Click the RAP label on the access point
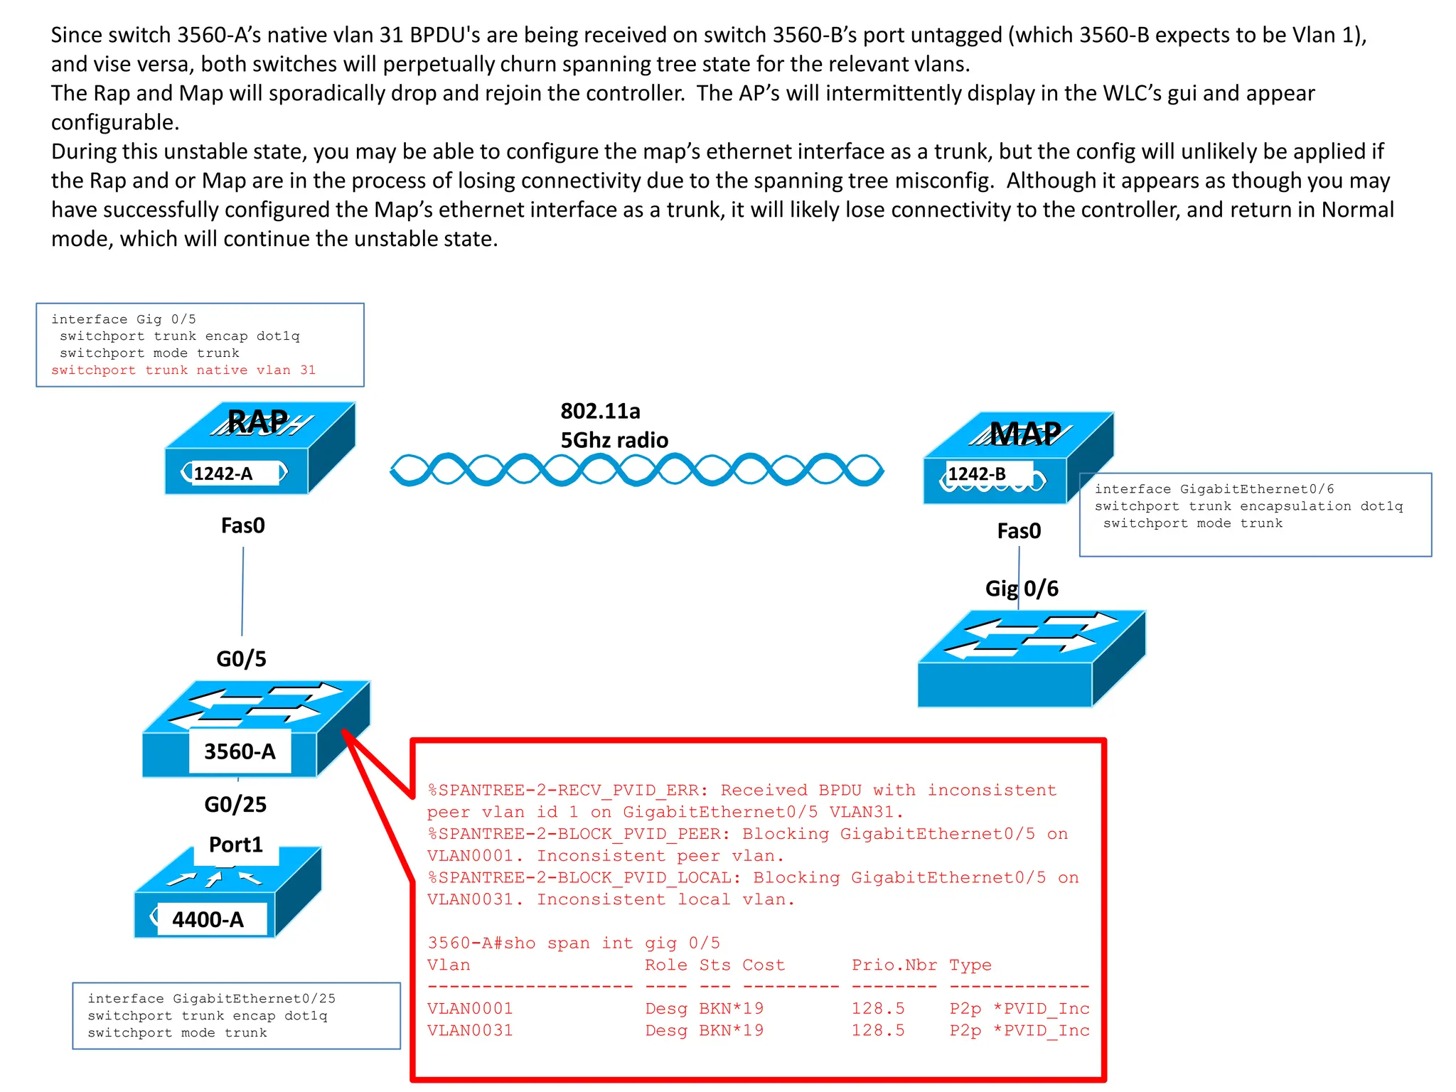257,422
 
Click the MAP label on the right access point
1024,433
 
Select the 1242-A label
223,473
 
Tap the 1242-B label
977,474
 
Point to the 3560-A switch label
240,751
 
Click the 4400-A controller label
208,919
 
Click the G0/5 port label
241,658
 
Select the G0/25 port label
235,804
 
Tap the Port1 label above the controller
235,845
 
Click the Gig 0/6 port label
1022,589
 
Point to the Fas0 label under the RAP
242,525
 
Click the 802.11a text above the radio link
600,411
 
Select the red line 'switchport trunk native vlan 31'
183,370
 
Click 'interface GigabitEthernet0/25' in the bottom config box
211,999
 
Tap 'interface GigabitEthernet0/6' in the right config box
1214,489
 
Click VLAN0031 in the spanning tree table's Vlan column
470,1030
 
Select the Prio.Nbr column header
894,965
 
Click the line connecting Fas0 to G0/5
242,590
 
